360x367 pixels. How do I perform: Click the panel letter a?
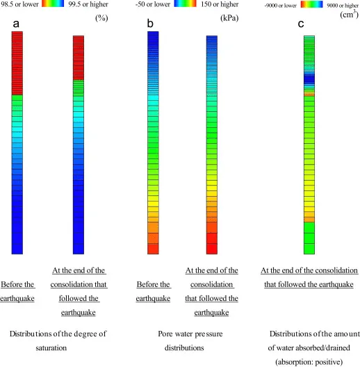click(x=16, y=24)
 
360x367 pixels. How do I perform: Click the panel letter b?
click(x=149, y=24)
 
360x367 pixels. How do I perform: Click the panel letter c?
click(x=301, y=24)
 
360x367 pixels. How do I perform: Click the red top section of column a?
click(x=17, y=63)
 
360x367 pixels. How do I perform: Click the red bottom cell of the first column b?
click(x=153, y=248)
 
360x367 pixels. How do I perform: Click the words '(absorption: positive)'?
click(x=308, y=361)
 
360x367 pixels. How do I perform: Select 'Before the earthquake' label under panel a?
click(x=17, y=291)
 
